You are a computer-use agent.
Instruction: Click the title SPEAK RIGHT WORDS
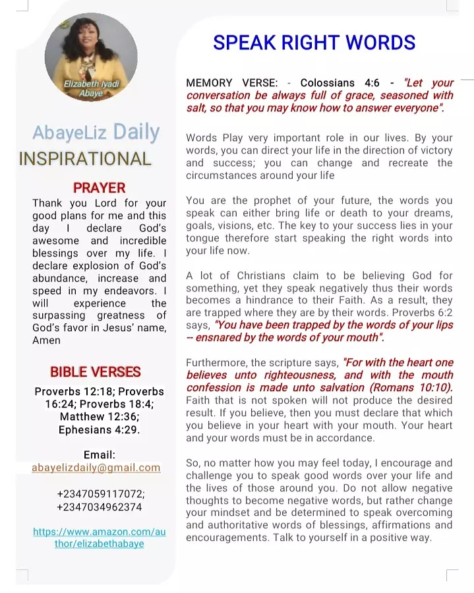click(314, 43)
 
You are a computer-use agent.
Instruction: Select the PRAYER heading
click(99, 188)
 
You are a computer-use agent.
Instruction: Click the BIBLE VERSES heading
click(96, 371)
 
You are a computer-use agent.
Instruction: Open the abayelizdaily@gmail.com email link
click(96, 468)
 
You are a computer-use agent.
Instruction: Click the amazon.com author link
click(99, 538)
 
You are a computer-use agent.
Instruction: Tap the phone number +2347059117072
click(101, 494)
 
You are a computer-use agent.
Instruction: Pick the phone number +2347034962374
click(100, 507)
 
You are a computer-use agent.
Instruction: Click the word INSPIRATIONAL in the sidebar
click(85, 159)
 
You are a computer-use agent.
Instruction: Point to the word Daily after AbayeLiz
click(136, 132)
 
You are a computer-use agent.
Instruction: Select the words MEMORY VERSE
click(231, 83)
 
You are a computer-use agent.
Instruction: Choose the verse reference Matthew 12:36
click(100, 417)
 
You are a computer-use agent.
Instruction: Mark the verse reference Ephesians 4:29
click(100, 430)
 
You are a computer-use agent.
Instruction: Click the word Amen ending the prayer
click(46, 340)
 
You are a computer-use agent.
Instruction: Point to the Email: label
click(100, 454)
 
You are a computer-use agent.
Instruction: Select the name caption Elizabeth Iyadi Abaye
click(91, 88)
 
